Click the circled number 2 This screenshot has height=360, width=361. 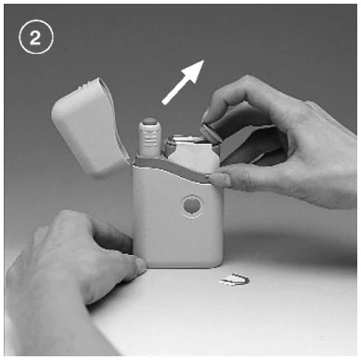pyautogui.click(x=36, y=37)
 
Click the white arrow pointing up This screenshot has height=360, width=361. pyautogui.click(x=183, y=82)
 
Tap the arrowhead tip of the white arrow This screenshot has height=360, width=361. pyautogui.click(x=203, y=60)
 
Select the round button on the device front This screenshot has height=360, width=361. pyautogui.click(x=191, y=205)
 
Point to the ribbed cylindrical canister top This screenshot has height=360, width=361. pyautogui.click(x=149, y=137)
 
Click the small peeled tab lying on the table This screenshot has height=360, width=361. pyautogui.click(x=234, y=279)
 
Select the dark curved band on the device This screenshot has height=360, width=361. pyautogui.click(x=174, y=169)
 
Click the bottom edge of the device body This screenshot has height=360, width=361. pyautogui.click(x=178, y=266)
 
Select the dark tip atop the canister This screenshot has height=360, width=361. pyautogui.click(x=149, y=121)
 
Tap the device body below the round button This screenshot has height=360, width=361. pyautogui.click(x=179, y=241)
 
